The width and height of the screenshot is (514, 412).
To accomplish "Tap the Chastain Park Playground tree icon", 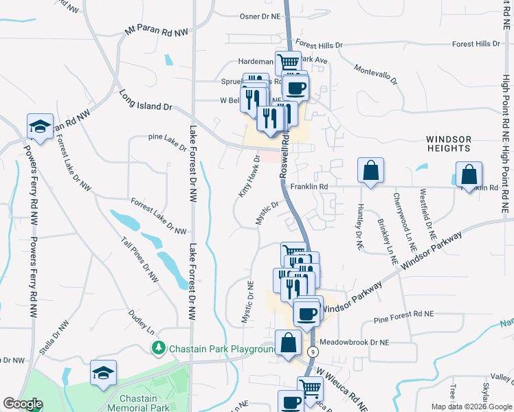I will point(159,349).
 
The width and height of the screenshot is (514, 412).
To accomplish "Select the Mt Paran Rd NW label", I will point(157,32).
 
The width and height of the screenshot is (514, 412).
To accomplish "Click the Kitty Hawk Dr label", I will point(249,176).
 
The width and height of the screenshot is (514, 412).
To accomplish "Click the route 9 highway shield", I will point(314,352).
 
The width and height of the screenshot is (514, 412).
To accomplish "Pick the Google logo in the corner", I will point(23,404).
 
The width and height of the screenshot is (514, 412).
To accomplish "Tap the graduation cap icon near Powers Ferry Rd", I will point(40,126).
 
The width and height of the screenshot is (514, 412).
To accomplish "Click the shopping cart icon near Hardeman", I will point(289,62).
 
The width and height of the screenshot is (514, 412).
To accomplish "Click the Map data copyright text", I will point(471,407).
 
